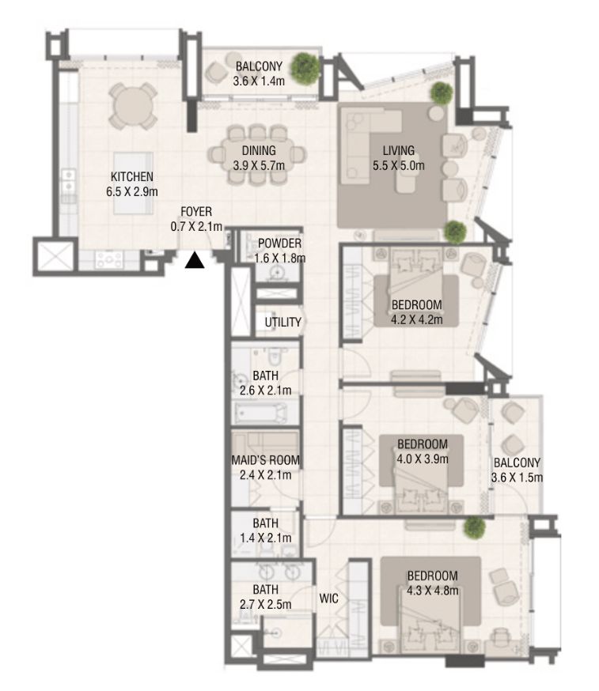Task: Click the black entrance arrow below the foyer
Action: (195, 260)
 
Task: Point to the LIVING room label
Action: (398, 158)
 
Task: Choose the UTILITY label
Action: (282, 323)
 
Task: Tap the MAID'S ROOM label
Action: (265, 467)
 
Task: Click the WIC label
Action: (328, 599)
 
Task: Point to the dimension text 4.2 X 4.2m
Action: (416, 320)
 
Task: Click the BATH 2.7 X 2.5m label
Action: (265, 597)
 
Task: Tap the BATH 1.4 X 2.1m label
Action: (265, 531)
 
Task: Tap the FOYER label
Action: (195, 219)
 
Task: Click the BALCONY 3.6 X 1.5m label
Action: (517, 470)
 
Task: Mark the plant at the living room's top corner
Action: (442, 93)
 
